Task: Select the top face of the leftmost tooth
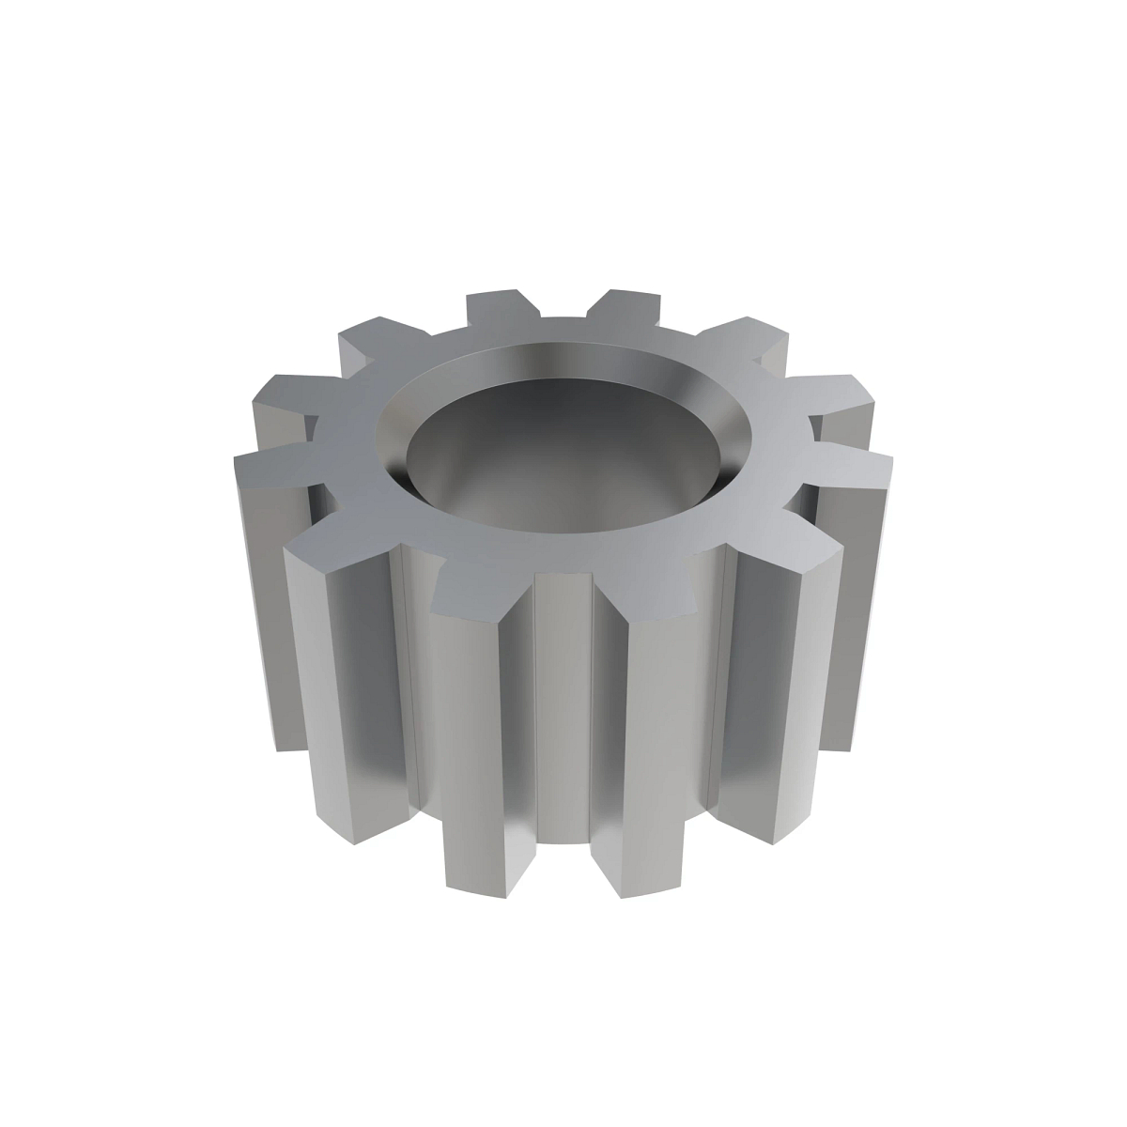[272, 465]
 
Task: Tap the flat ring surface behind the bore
[563, 333]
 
